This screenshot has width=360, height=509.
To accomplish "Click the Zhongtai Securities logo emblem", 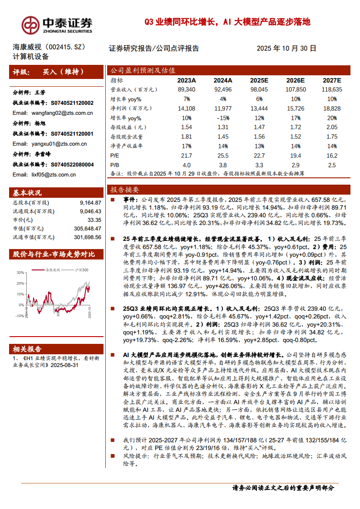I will [x=30, y=24].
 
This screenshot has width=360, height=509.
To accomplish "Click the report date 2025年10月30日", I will [x=286, y=48].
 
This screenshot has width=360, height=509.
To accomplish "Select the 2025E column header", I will [x=259, y=80].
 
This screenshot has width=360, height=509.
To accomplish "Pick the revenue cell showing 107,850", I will [x=295, y=90].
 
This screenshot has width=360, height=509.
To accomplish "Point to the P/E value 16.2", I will [x=332, y=156].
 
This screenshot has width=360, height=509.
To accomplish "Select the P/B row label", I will [x=115, y=165].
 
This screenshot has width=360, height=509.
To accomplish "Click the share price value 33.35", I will [x=94, y=220].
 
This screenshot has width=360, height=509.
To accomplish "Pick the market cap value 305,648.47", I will [x=88, y=228].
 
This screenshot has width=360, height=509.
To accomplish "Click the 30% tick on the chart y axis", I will [x=20, y=272].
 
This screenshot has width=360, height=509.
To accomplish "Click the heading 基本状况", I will [x=27, y=192].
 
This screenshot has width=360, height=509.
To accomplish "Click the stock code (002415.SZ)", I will [x=68, y=47].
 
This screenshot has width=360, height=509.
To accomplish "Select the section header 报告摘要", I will [x=124, y=190].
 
